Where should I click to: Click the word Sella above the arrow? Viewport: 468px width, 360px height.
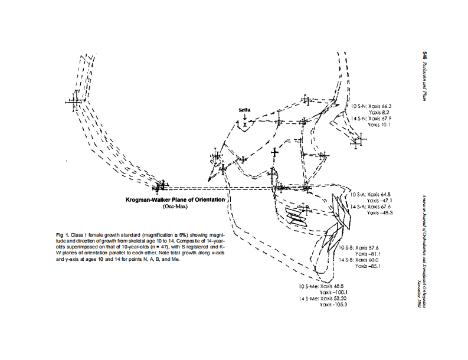pyautogui.click(x=245, y=110)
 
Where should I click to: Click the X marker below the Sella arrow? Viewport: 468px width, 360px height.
pyautogui.click(x=244, y=124)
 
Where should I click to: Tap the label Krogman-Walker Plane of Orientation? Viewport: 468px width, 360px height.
pyautogui.click(x=175, y=200)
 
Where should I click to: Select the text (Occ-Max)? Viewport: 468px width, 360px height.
pyautogui.click(x=175, y=208)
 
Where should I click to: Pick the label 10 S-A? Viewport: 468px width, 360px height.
pyautogui.click(x=358, y=194)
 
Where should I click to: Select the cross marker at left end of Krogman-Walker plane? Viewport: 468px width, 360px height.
pyautogui.click(x=159, y=188)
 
